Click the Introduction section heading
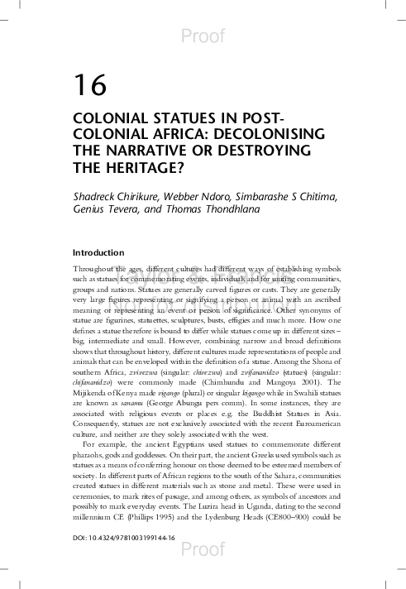tap(98, 251)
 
